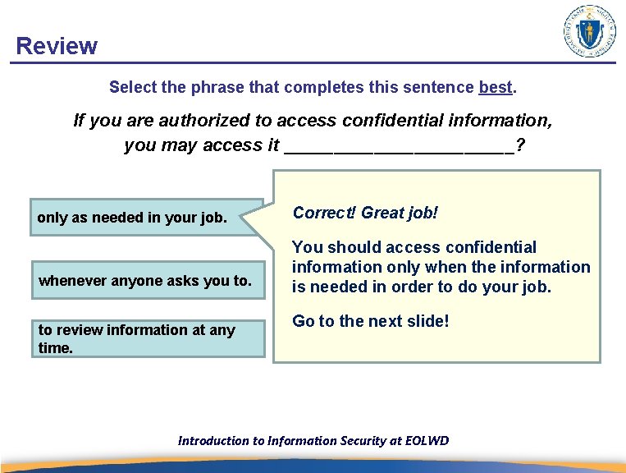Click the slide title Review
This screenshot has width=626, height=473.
click(56, 46)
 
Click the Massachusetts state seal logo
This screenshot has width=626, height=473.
click(590, 31)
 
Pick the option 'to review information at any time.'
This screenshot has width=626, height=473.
click(148, 338)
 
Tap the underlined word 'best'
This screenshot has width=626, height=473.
click(495, 86)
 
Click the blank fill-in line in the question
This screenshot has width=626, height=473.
click(398, 146)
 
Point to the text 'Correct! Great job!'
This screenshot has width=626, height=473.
click(365, 213)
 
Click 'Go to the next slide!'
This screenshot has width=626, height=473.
click(370, 321)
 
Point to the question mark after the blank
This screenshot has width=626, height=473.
click(521, 145)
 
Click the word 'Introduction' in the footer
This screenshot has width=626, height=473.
click(212, 441)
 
